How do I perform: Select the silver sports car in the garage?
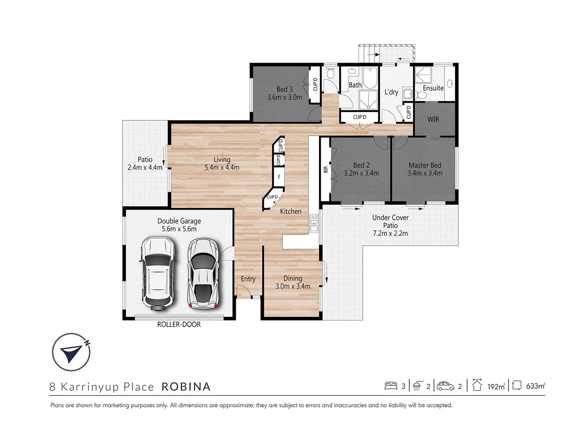click(204, 274)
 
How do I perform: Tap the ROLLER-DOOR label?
click(179, 324)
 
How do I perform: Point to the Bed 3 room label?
click(285, 89)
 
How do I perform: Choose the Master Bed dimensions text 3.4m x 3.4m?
click(425, 173)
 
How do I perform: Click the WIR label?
click(433, 119)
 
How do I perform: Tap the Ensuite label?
click(433, 88)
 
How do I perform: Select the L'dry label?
click(391, 92)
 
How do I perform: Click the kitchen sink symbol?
click(314, 223)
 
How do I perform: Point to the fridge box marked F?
click(279, 177)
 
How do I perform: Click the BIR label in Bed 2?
click(326, 170)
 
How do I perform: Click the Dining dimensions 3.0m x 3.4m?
click(293, 286)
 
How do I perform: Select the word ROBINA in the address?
click(186, 387)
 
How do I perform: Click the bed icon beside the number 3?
click(391, 386)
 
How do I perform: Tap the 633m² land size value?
click(535, 386)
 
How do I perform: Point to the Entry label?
click(248, 279)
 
